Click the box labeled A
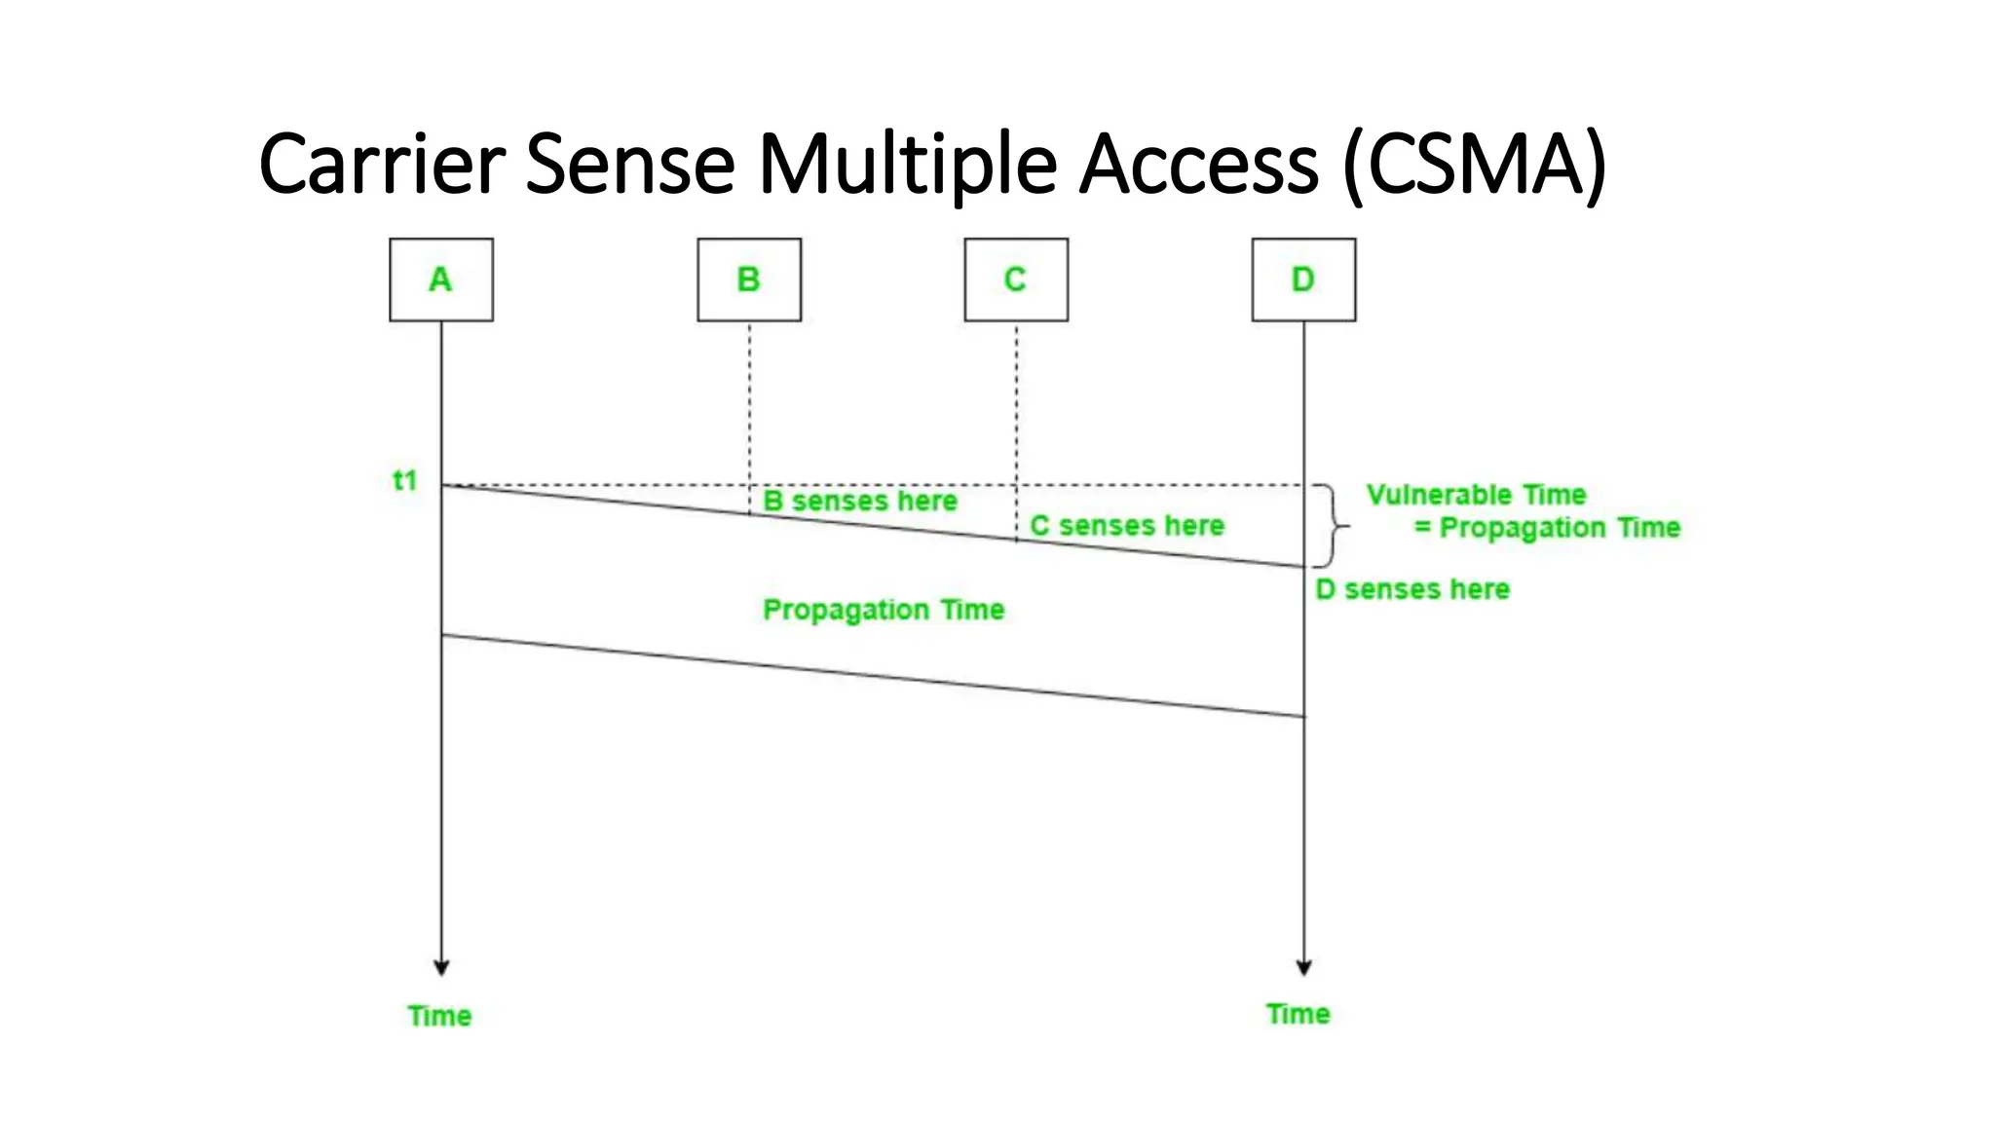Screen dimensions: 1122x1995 pos(440,280)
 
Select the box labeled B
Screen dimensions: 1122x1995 pos(748,280)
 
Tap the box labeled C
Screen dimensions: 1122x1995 pos(1015,280)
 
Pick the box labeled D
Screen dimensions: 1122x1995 pos(1302,280)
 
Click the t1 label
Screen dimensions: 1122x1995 pos(404,480)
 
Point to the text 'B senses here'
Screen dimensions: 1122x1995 pos(859,502)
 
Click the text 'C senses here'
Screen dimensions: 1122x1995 pos(1127,526)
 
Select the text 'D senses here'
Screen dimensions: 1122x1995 pos(1412,589)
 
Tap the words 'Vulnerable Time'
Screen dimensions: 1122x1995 pos(1476,495)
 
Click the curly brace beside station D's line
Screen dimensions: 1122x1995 pos(1333,526)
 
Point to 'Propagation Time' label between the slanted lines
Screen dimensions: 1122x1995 pos(883,610)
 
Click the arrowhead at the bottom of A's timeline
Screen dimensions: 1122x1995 pos(441,967)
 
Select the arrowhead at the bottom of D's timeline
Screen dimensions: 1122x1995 pos(1303,967)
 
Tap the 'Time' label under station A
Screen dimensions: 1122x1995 pos(439,1016)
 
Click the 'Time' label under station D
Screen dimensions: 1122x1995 pos(1298,1014)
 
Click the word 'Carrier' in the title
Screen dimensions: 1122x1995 pos(382,164)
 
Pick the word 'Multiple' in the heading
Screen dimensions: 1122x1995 pos(907,164)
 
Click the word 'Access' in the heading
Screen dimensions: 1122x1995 pos(1199,164)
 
